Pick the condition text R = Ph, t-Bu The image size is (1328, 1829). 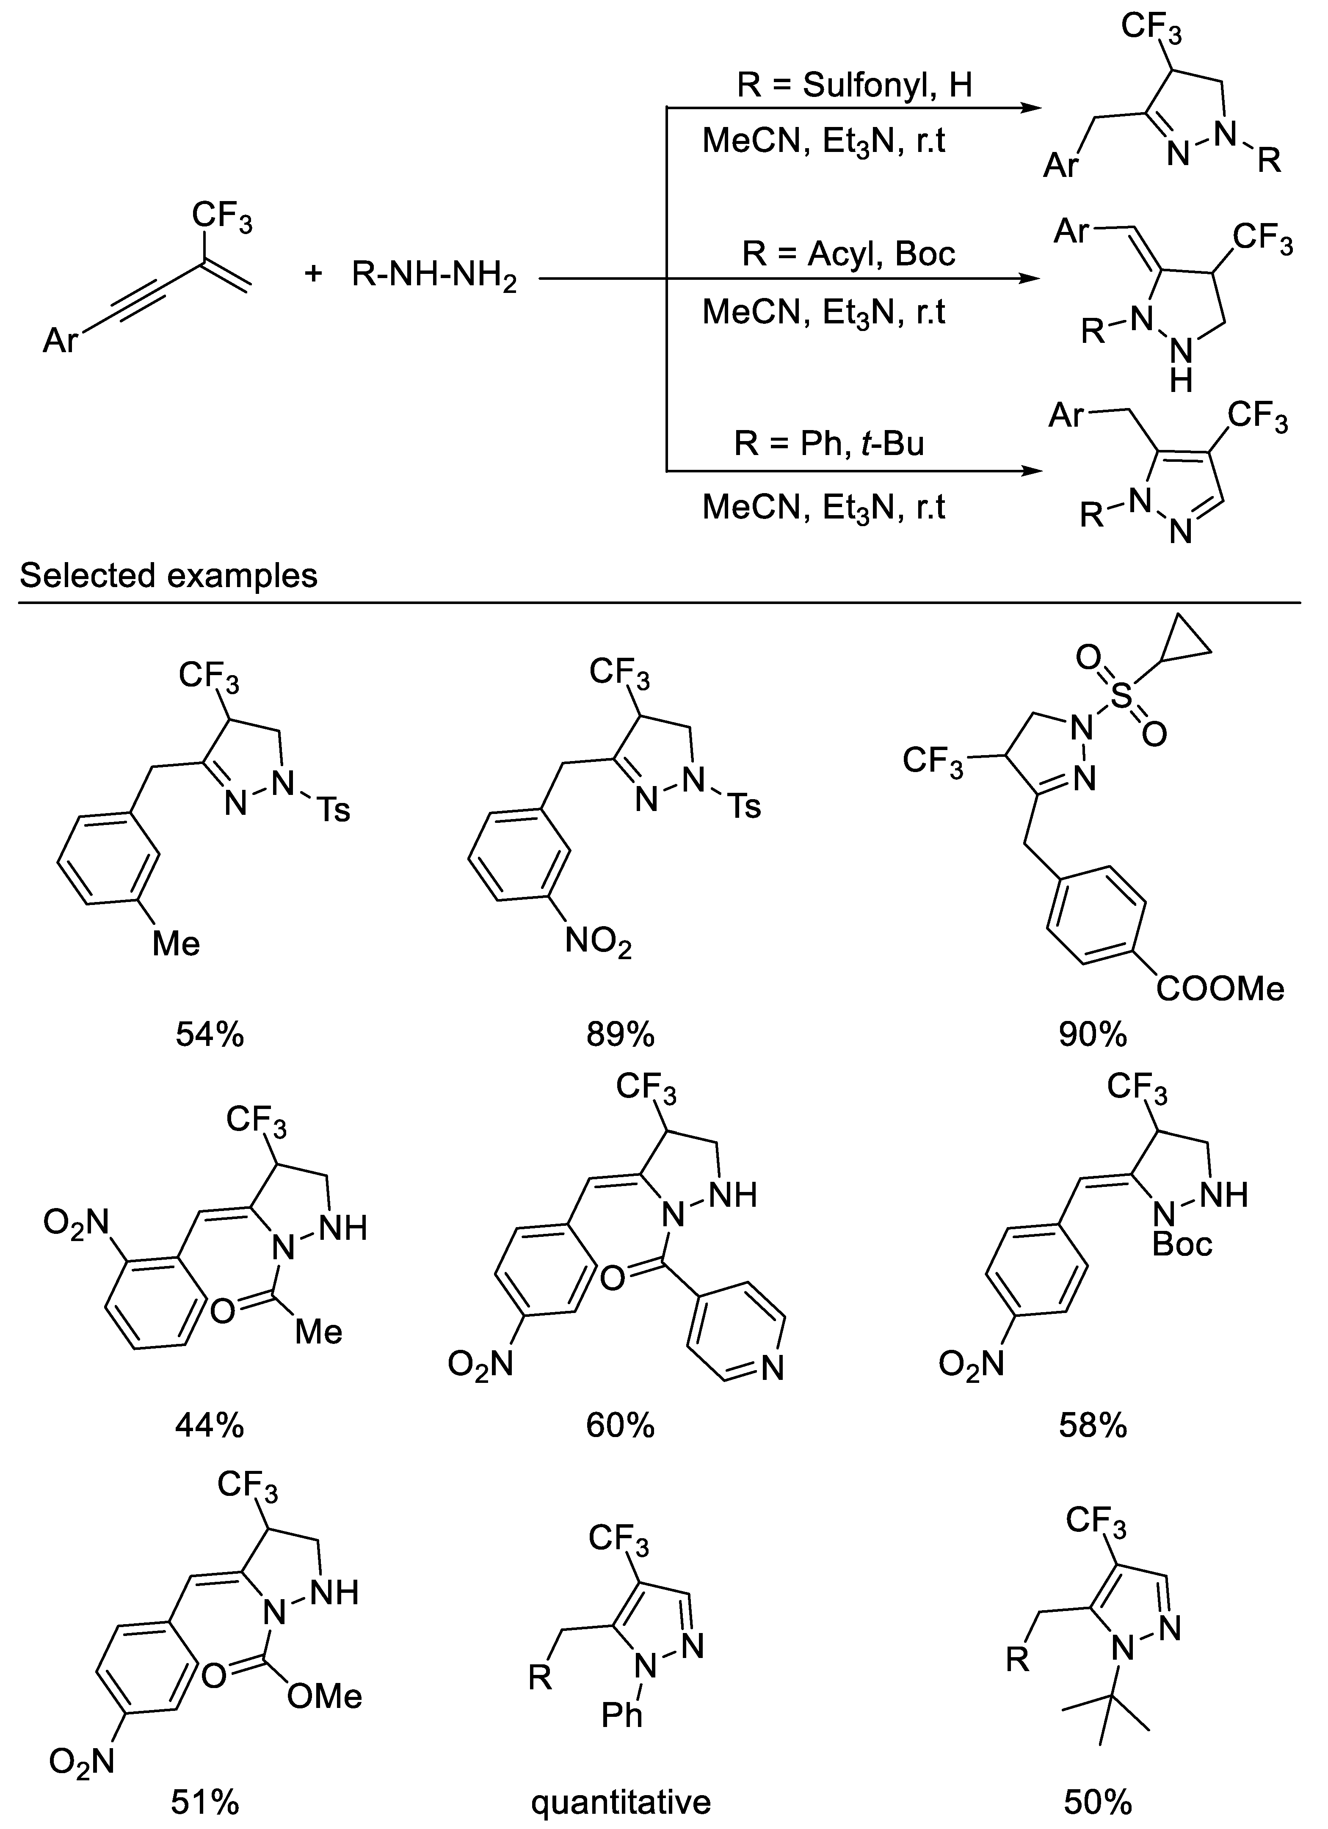coord(829,444)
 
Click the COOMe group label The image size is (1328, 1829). coord(1219,989)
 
